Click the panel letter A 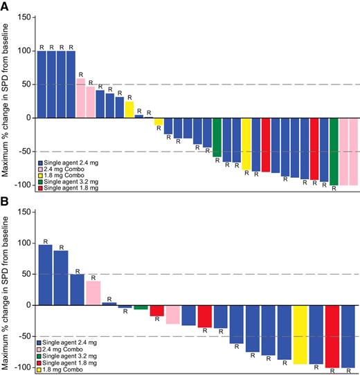click(6, 6)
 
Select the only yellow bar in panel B click(300, 334)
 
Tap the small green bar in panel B click(141, 307)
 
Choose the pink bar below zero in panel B click(172, 314)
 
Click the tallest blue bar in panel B click(45, 275)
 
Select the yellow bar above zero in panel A click(129, 109)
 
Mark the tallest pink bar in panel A click(80, 98)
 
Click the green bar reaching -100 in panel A click(334, 151)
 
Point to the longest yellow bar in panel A click(246, 144)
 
